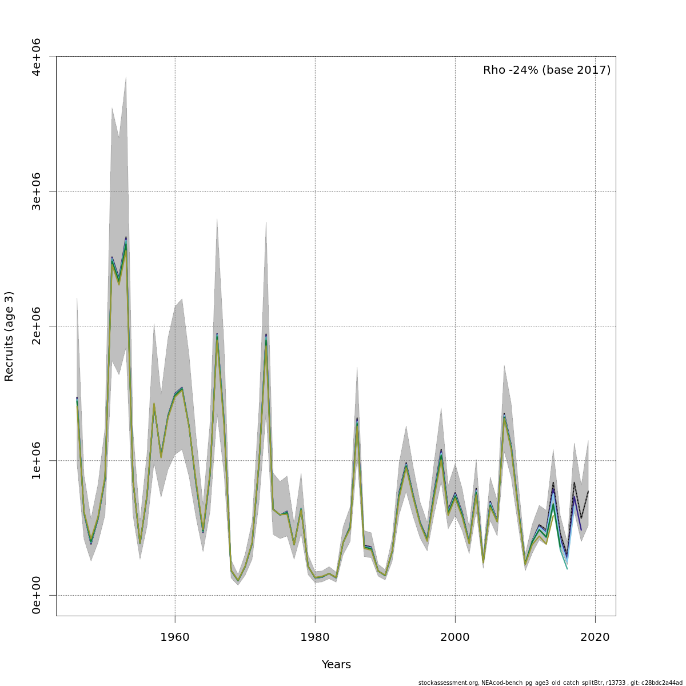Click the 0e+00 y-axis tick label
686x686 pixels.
37,595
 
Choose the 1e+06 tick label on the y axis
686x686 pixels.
37,461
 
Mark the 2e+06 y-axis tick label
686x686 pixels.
37,326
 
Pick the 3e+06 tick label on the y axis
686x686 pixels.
37,192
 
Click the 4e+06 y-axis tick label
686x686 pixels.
37,57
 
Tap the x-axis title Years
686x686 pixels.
336,665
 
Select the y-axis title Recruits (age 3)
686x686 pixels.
9,336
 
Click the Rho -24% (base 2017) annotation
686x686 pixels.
547,70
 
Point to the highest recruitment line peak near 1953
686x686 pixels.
126,238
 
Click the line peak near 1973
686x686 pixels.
266,336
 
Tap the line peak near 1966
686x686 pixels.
217,335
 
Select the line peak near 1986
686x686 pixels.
357,420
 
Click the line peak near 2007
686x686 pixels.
504,414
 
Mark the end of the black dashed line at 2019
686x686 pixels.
588,491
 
